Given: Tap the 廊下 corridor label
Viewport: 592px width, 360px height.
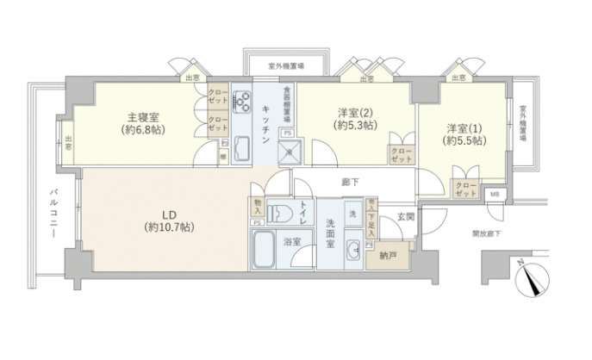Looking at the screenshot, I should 348,183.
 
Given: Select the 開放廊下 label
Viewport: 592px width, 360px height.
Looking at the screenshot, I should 488,233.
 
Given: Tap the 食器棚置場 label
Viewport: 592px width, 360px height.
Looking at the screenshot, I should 287,108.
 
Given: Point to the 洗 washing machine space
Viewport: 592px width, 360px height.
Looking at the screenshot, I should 353,212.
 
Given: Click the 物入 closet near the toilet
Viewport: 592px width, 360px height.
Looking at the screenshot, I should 258,207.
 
